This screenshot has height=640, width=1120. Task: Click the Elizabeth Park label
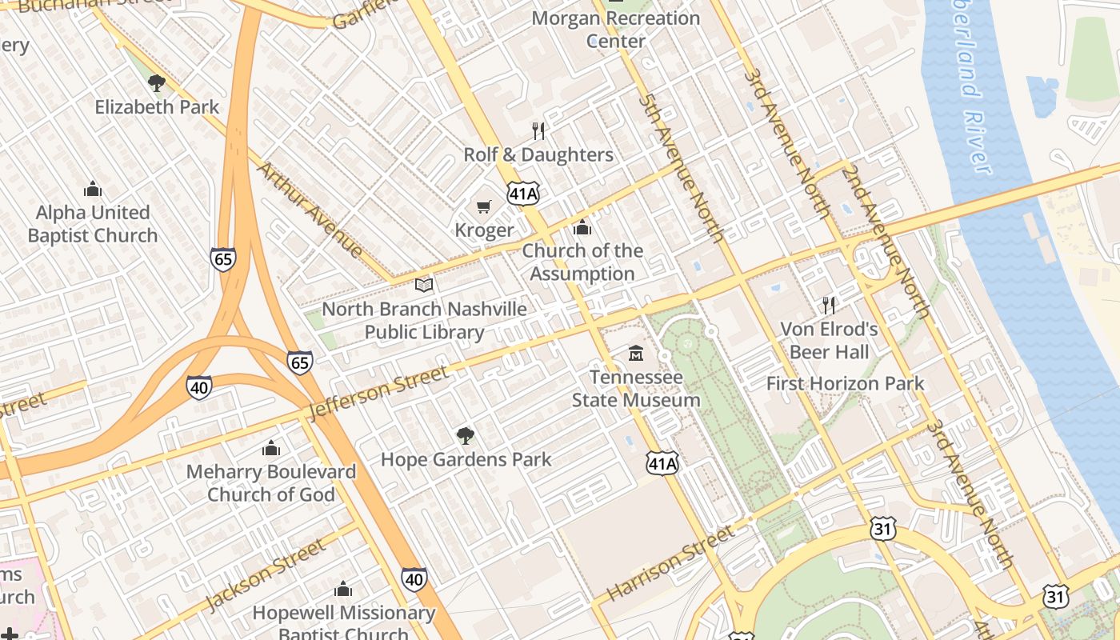pyautogui.click(x=157, y=106)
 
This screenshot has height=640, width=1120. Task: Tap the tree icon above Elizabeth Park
pyautogui.click(x=157, y=82)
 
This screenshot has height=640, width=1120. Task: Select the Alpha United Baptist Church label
pyautogui.click(x=93, y=224)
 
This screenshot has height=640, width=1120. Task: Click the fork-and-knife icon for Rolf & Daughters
pyautogui.click(x=538, y=130)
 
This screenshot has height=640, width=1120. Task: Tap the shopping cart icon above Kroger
pyautogui.click(x=483, y=207)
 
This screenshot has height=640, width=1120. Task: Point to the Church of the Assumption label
pyautogui.click(x=582, y=262)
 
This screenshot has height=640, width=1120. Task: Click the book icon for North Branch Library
pyautogui.click(x=424, y=285)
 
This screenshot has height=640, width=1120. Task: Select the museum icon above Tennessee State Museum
pyautogui.click(x=636, y=353)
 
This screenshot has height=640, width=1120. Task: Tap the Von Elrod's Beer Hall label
pyautogui.click(x=829, y=340)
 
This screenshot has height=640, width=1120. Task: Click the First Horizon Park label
pyautogui.click(x=845, y=383)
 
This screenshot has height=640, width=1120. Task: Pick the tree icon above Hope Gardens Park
pyautogui.click(x=465, y=436)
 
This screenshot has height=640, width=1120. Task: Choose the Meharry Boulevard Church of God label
pyautogui.click(x=271, y=482)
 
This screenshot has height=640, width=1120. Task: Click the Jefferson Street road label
pyautogui.click(x=378, y=392)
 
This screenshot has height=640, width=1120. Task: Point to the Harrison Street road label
pyautogui.click(x=670, y=563)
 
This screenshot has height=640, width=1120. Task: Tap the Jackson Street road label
pyautogui.click(x=265, y=574)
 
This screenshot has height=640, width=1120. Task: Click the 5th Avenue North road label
pyautogui.click(x=682, y=167)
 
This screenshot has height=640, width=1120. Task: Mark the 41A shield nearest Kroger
pyautogui.click(x=523, y=192)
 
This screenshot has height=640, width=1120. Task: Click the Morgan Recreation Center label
pyautogui.click(x=615, y=29)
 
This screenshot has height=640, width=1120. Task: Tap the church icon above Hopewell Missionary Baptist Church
pyautogui.click(x=343, y=590)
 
